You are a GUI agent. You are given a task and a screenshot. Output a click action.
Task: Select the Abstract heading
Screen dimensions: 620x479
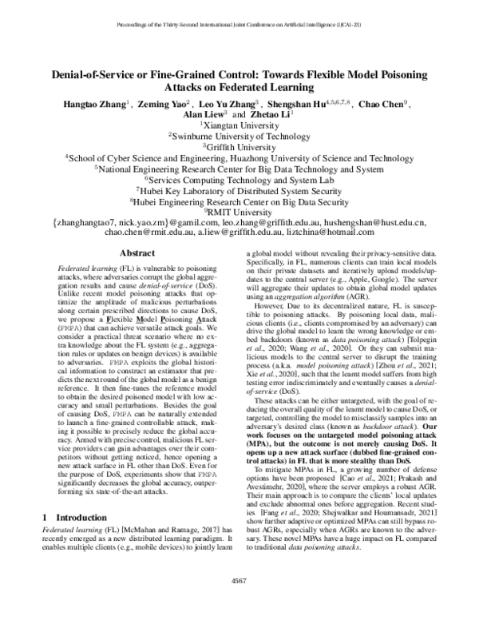click(131, 252)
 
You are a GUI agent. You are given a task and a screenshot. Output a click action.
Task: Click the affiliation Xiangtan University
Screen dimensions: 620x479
click(239, 125)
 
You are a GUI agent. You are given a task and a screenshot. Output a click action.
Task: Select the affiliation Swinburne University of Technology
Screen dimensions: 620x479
click(239, 136)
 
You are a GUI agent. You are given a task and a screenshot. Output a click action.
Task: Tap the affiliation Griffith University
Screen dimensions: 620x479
click(239, 147)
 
